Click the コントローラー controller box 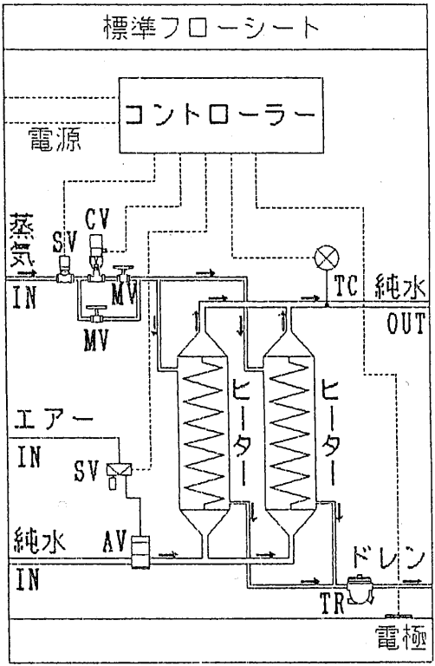click(220, 115)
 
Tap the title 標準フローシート click(211, 27)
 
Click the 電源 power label click(55, 140)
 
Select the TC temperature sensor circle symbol click(327, 258)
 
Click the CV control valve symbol click(97, 260)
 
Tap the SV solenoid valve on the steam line click(64, 270)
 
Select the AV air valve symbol click(140, 552)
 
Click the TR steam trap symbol click(360, 589)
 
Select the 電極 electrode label click(400, 639)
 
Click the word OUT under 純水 click(406, 323)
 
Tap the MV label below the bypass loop click(96, 339)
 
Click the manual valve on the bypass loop click(95, 313)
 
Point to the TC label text click(346, 285)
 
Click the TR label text click(331, 603)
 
